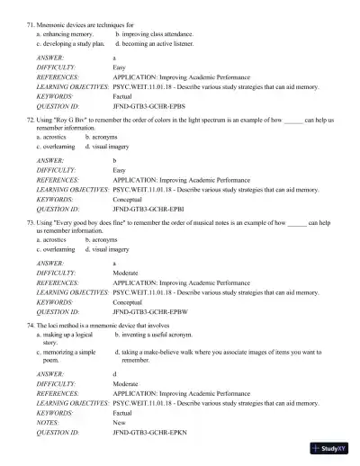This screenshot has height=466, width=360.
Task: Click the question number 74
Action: [x=31, y=324]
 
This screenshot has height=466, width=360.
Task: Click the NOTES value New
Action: [x=120, y=423]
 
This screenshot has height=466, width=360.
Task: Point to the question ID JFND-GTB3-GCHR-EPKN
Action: [x=149, y=433]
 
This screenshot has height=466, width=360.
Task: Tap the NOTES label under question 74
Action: [x=49, y=423]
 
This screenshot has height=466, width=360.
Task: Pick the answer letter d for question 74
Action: [x=114, y=372]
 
